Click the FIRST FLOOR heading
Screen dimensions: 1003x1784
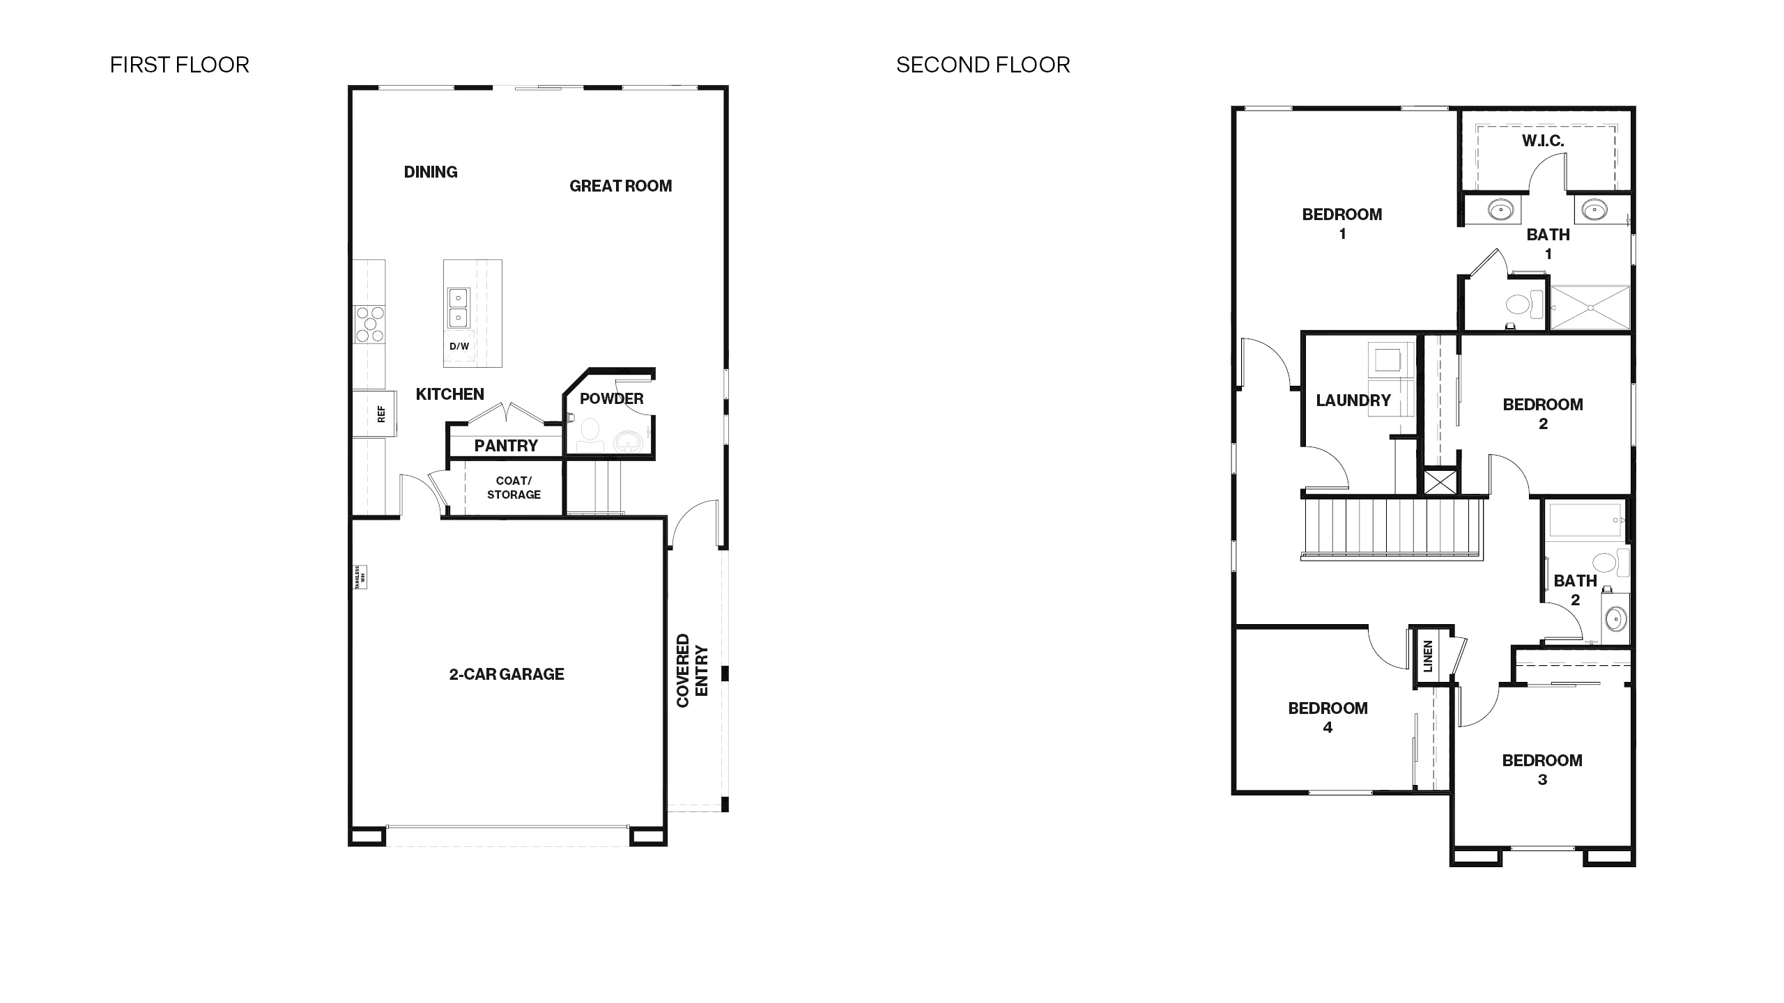(x=179, y=65)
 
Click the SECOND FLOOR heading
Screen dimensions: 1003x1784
(x=983, y=65)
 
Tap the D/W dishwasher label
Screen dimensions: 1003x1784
(x=459, y=346)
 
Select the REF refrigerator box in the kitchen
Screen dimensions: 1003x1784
(x=375, y=414)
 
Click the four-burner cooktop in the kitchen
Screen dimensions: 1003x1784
(x=369, y=325)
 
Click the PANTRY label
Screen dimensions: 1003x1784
(x=506, y=446)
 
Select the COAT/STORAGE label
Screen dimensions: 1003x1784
(x=514, y=488)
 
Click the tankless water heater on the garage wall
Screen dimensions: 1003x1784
(x=360, y=577)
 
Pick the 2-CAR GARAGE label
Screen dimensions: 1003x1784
(x=507, y=674)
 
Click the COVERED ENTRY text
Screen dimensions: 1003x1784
(x=692, y=670)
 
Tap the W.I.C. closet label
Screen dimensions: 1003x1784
(x=1542, y=141)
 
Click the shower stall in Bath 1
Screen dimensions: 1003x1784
(x=1590, y=307)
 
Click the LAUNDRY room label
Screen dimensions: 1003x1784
(x=1353, y=401)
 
